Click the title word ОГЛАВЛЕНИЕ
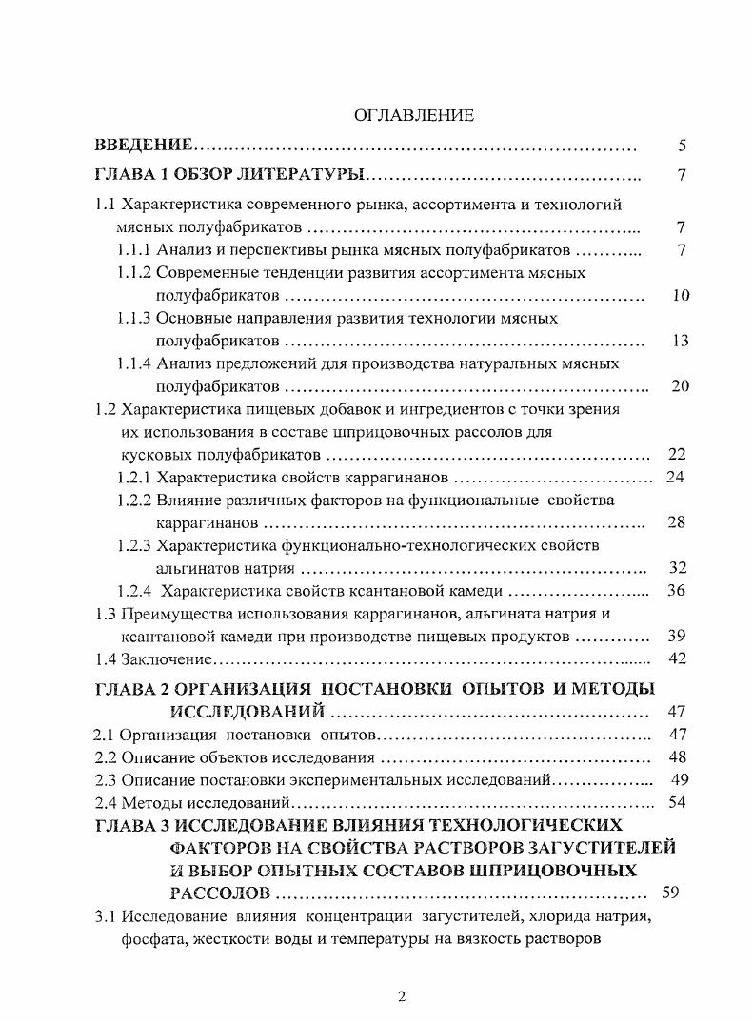tap(414, 116)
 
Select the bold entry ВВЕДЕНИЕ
tap(144, 146)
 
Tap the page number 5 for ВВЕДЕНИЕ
tap(682, 146)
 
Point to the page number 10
tap(680, 295)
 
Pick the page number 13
tap(680, 341)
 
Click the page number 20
tap(680, 386)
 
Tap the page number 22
tap(677, 454)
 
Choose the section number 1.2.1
tap(133, 477)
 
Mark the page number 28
tap(677, 522)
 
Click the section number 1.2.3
tap(133, 545)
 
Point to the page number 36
tap(677, 590)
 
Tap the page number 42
tap(677, 658)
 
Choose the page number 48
tap(678, 757)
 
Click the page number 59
tap(670, 893)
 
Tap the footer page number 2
tap(401, 996)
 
